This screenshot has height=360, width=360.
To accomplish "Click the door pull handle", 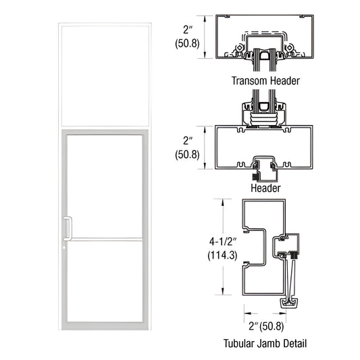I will tap(67, 228).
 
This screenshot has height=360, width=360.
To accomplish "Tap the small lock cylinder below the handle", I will tap(65, 245).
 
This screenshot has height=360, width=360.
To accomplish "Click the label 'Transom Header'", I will tap(265, 80).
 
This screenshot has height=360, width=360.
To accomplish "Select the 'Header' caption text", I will tap(265, 188).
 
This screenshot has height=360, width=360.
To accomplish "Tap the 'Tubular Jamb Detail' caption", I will tap(265, 343).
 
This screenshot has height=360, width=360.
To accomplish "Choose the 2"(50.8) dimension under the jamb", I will tap(265, 326).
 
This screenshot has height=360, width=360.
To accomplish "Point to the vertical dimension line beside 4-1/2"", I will tap(221, 247).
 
